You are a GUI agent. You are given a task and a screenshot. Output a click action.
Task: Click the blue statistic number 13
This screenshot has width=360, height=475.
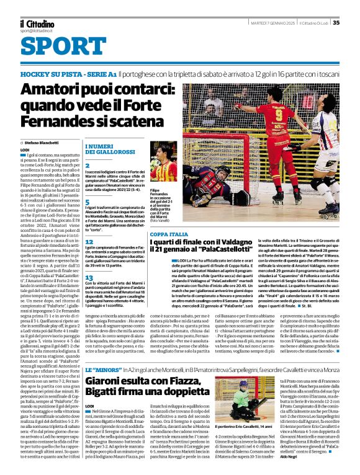click(89, 295)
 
